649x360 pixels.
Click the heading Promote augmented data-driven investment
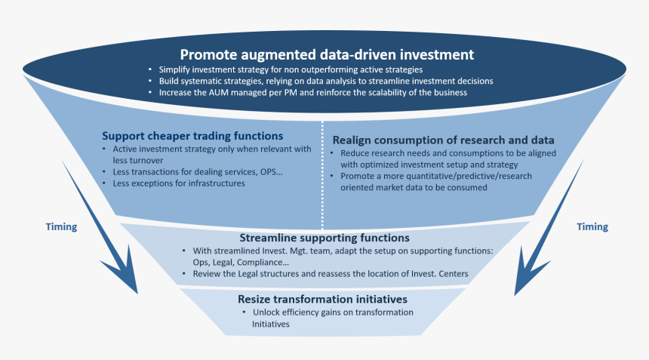[327, 54]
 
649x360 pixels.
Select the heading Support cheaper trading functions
[192, 136]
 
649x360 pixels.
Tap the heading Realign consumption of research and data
[443, 140]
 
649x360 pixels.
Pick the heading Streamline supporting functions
[324, 238]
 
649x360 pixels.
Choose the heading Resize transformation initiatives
[322, 299]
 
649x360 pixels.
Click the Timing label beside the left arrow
[61, 226]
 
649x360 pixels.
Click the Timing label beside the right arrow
[592, 226]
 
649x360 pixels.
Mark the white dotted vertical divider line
[322, 175]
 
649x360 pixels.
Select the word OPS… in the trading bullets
[271, 172]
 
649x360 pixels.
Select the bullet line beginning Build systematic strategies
[326, 81]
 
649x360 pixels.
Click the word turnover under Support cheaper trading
[146, 161]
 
